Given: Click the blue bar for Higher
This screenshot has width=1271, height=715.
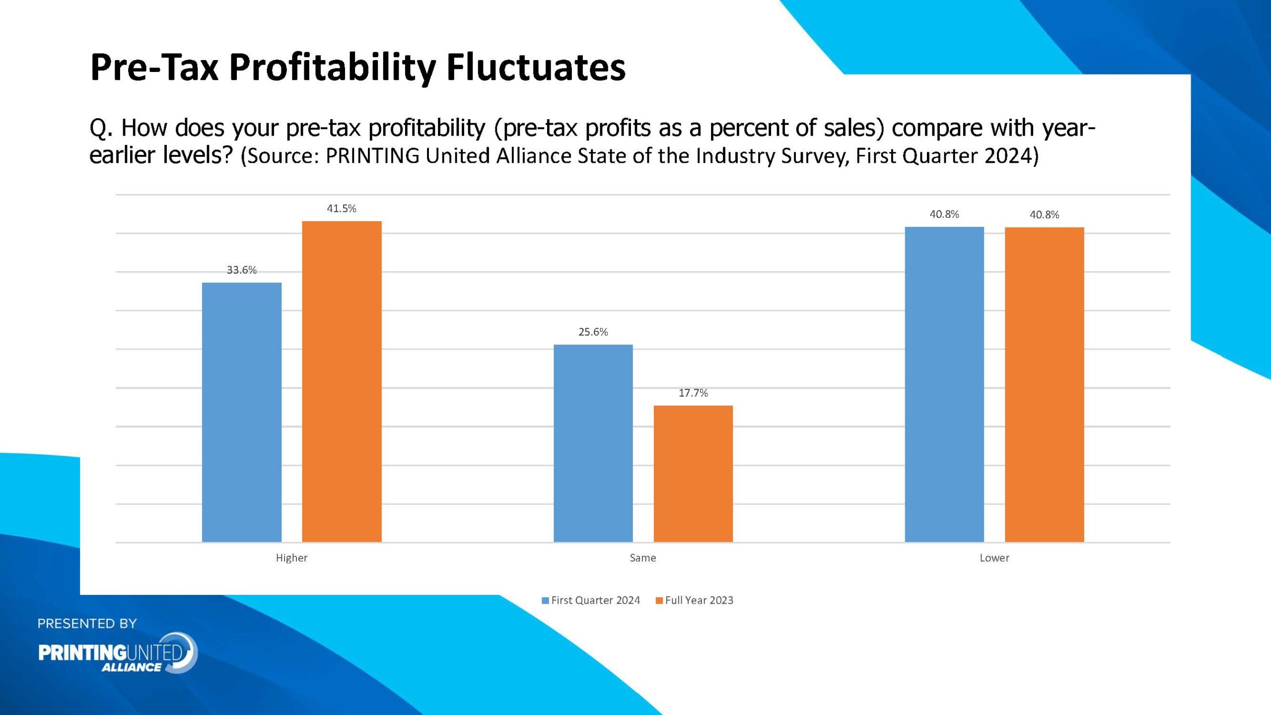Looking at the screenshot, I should [242, 412].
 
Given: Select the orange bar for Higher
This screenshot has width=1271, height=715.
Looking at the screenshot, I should [342, 381].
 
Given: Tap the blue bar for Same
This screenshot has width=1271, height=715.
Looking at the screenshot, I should [593, 443].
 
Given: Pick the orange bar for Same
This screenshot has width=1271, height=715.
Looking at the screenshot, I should [693, 474].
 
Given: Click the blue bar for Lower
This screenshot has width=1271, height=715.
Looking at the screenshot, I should [944, 384].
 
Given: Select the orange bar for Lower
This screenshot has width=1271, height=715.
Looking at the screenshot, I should [1044, 384].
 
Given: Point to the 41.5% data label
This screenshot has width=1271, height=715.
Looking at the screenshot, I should [342, 209].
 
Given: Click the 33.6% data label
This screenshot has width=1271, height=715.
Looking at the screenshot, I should [242, 270].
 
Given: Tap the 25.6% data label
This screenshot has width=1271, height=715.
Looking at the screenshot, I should [593, 332].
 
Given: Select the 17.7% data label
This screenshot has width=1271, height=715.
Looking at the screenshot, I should [693, 393].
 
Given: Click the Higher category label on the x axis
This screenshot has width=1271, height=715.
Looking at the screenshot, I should [291, 558].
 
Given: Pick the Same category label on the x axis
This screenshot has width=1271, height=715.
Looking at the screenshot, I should [642, 558].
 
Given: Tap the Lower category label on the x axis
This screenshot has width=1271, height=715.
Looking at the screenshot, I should [994, 558].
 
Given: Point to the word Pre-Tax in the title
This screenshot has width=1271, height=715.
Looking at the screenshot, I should [154, 67].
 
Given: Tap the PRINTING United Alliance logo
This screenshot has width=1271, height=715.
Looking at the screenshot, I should [118, 653].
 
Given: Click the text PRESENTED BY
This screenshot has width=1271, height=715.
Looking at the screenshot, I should [87, 624].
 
